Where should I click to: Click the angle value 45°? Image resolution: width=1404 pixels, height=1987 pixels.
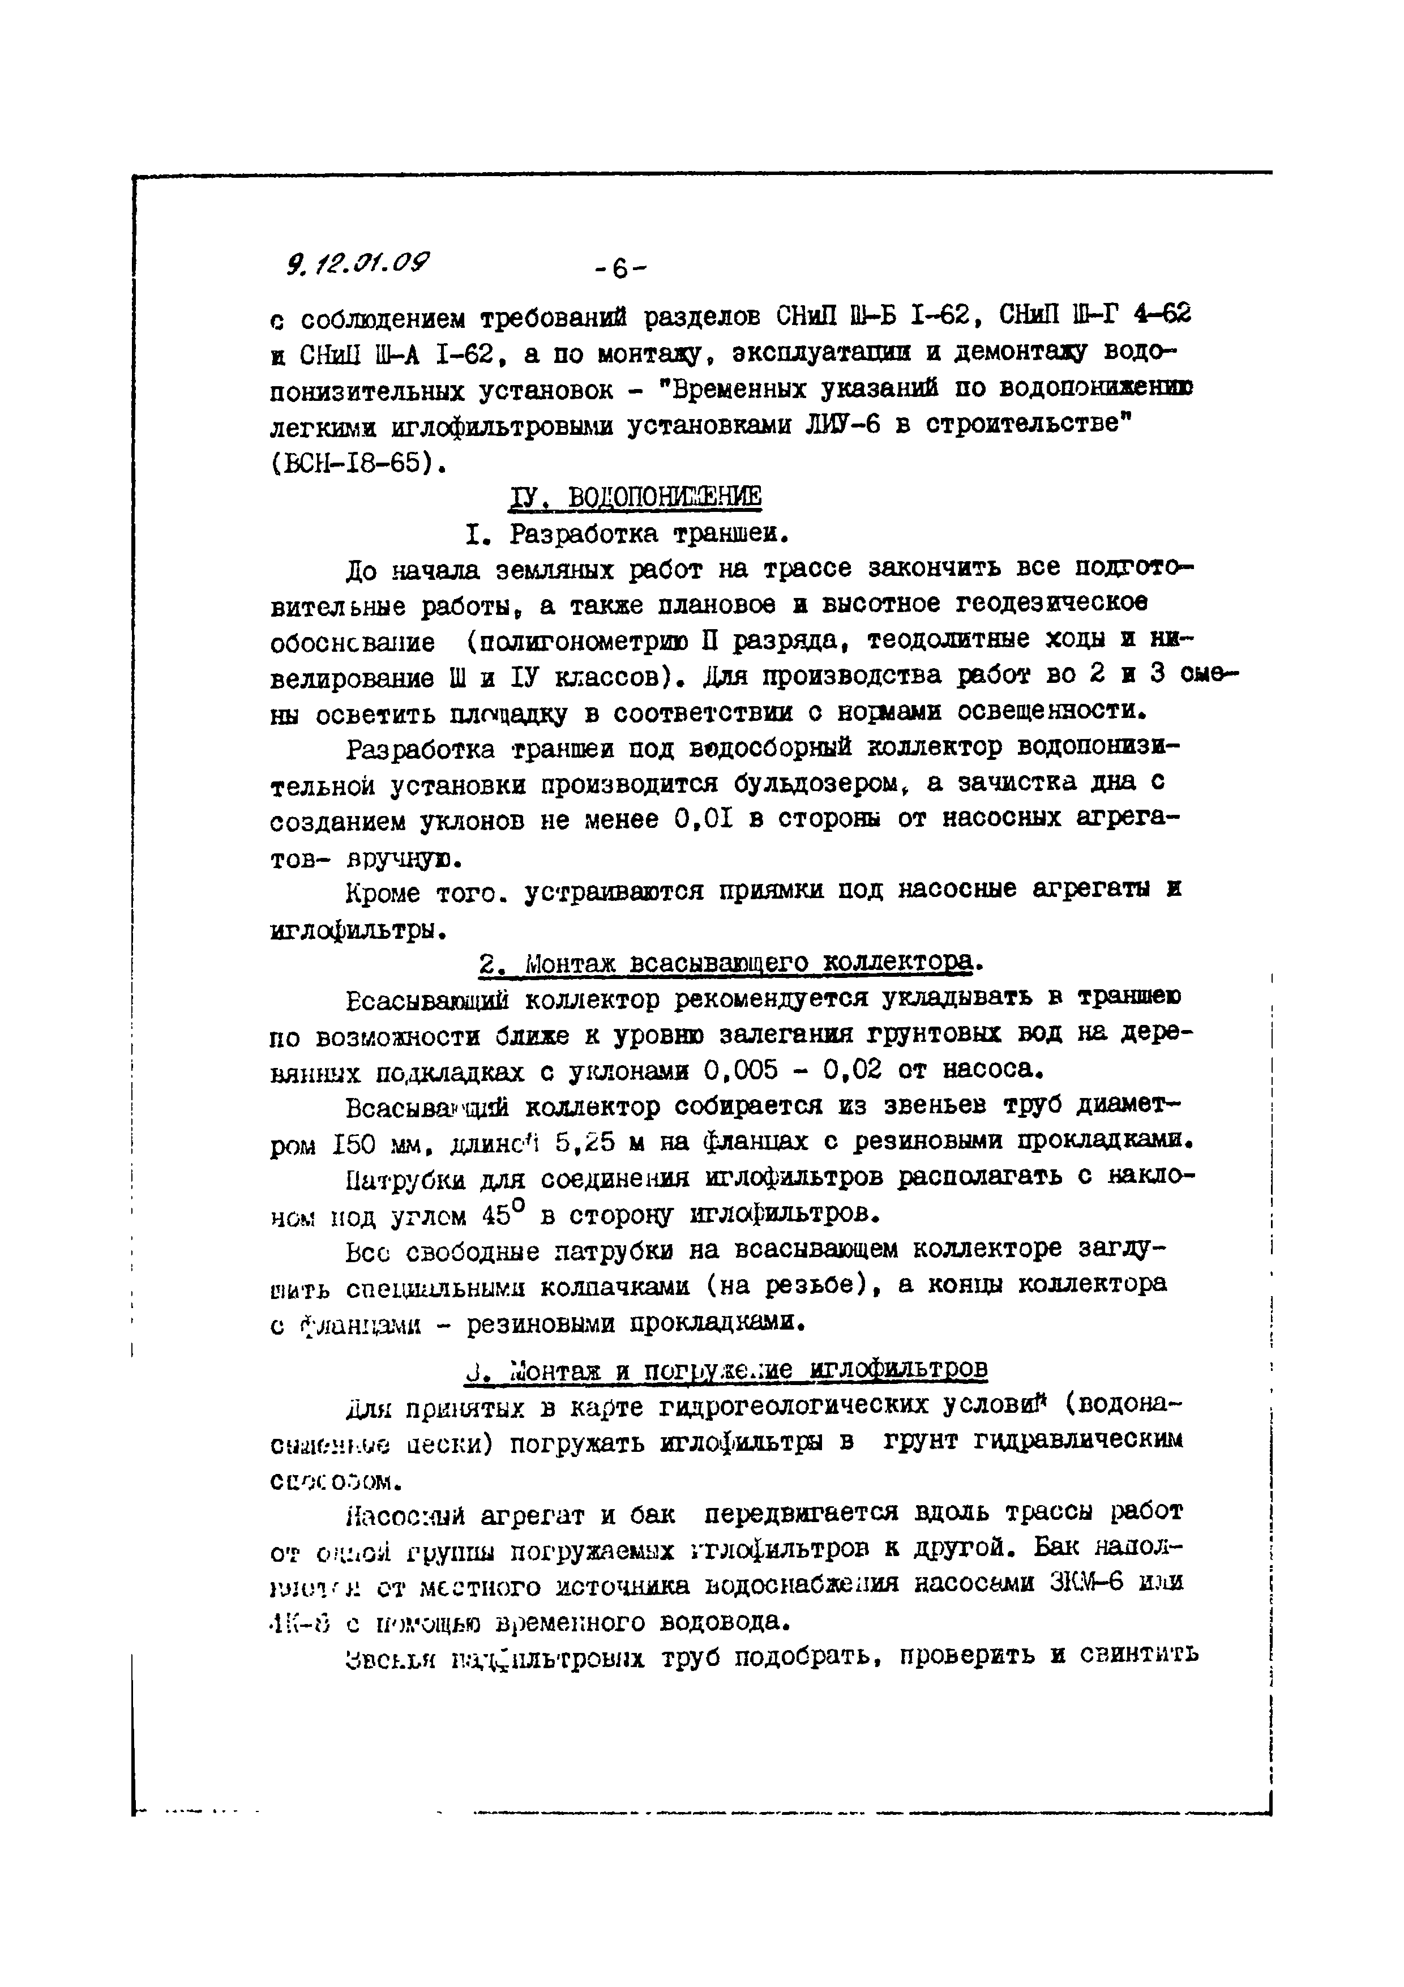coord(499,1215)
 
